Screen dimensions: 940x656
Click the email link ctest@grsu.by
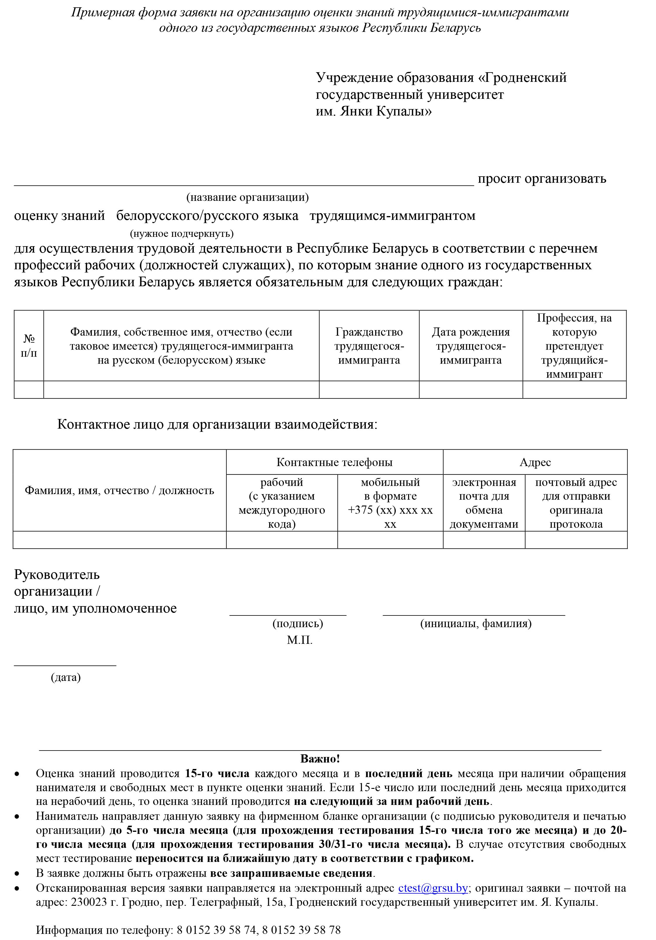433,888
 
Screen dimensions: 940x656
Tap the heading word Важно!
320,759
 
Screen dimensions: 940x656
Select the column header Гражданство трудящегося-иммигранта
369,346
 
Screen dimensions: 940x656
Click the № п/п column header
29,346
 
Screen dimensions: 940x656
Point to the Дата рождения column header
471,346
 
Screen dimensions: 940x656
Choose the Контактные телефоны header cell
334,462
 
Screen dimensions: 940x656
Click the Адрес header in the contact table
535,462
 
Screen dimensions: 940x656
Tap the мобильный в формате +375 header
390,503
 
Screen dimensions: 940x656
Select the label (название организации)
247,197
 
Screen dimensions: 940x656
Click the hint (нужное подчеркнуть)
182,233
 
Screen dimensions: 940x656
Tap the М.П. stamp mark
299,640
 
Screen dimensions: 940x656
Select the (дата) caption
65,677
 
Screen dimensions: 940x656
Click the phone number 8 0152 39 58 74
217,930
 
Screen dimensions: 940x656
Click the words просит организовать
542,179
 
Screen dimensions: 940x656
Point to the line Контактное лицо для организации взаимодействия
217,424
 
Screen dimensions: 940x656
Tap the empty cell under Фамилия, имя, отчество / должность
119,540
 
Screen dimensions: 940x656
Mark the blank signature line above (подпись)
288,614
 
